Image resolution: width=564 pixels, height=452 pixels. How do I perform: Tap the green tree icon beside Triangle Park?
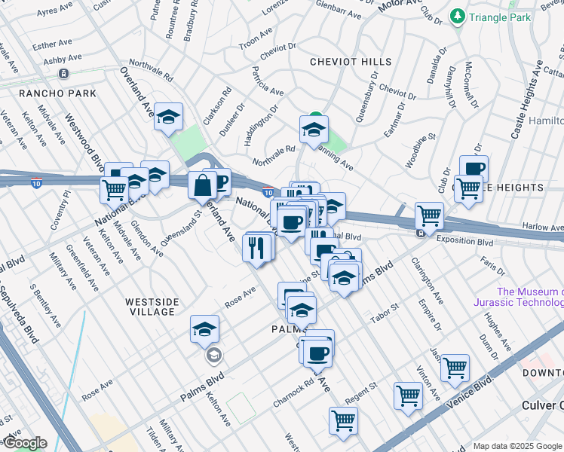tap(457, 16)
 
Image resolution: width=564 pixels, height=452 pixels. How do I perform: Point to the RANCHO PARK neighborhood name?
tap(58, 93)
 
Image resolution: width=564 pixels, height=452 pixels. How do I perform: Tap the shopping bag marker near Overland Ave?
tap(204, 184)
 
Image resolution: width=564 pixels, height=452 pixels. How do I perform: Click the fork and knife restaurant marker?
tap(257, 246)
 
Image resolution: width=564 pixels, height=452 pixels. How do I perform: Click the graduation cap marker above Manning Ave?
tap(314, 130)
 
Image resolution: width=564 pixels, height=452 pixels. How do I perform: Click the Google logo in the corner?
tap(24, 443)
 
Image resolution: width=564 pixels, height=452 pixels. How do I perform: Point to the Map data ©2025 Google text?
tap(516, 446)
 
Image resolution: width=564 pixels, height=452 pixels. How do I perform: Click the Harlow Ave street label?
tap(544, 226)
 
